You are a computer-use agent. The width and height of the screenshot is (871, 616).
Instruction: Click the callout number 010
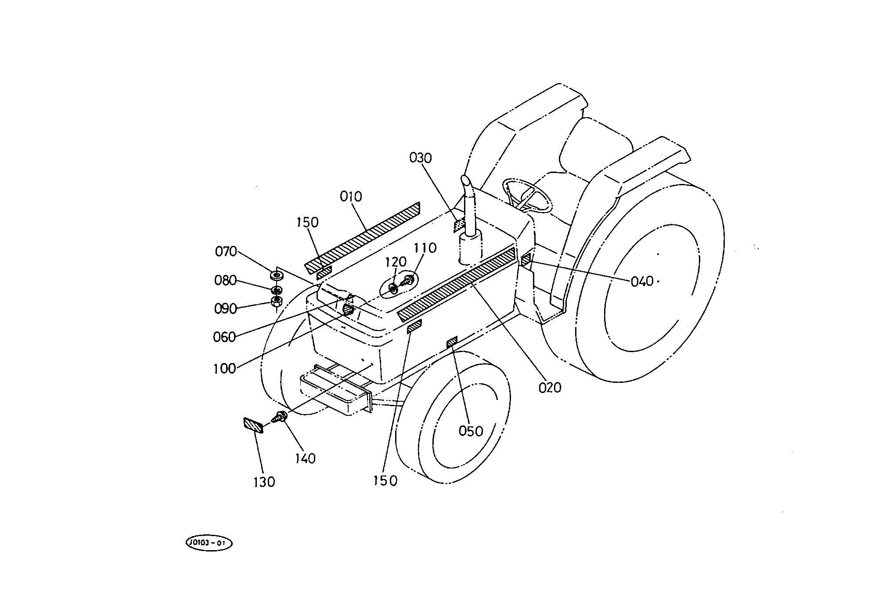pyautogui.click(x=351, y=197)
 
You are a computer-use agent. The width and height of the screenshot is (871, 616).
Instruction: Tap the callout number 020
pyautogui.click(x=550, y=388)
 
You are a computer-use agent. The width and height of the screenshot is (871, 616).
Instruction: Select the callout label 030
pyautogui.click(x=421, y=158)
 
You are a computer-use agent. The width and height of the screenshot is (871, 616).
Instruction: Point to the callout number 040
pyautogui.click(x=642, y=281)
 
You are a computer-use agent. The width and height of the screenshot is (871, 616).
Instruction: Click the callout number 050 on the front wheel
pyautogui.click(x=471, y=432)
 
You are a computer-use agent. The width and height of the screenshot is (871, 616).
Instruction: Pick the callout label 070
pyautogui.click(x=226, y=252)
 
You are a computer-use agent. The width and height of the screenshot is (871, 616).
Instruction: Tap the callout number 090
pyautogui.click(x=225, y=309)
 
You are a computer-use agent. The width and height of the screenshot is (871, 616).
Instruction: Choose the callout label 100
pyautogui.click(x=224, y=369)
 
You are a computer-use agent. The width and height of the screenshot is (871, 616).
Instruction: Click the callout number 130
pyautogui.click(x=264, y=482)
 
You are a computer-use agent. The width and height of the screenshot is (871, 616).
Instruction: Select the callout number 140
pyautogui.click(x=305, y=459)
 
